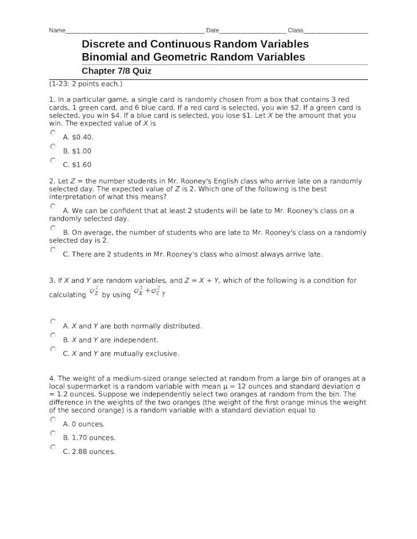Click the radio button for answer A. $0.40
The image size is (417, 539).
click(53, 133)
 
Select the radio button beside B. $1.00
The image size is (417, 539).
click(53, 147)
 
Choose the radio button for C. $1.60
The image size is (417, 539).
click(53, 160)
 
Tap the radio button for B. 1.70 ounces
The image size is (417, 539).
click(53, 433)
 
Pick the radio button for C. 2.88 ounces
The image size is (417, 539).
click(53, 447)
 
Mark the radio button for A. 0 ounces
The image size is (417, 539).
click(53, 420)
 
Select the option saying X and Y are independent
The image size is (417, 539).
click(53, 335)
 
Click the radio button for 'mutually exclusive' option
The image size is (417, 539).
click(53, 349)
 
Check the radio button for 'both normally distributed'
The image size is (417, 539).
click(53, 321)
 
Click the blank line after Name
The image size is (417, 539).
click(134, 31)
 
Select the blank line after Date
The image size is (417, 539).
click(252, 31)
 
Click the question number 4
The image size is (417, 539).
click(51, 378)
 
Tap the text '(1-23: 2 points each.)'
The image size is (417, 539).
click(86, 84)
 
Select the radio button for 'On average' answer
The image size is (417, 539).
click(53, 228)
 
